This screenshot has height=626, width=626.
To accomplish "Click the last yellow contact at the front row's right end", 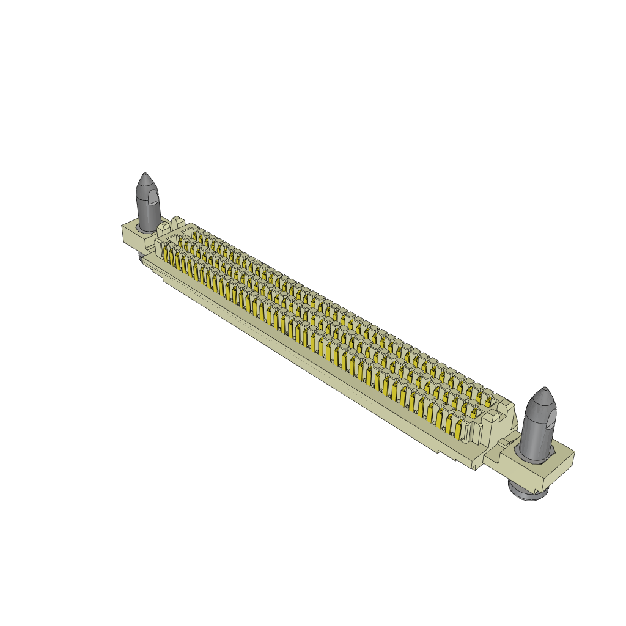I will [x=460, y=429].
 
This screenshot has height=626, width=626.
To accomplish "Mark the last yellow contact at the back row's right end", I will [x=488, y=401].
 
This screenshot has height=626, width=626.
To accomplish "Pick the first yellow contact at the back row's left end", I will [x=195, y=234].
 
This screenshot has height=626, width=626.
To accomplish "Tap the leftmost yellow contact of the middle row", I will [x=181, y=244].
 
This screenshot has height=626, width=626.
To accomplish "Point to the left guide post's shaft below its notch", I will [x=147, y=214].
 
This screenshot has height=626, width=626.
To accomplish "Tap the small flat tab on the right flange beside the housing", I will [x=505, y=443].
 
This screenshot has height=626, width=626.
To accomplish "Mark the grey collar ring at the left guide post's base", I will [x=147, y=228].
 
